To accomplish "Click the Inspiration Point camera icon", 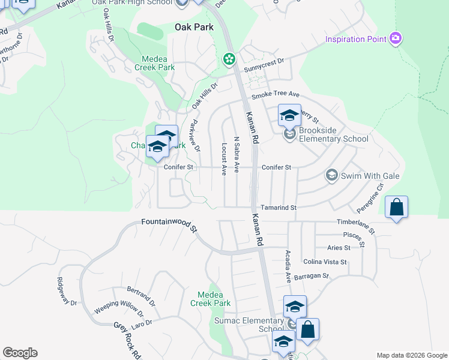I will click(x=395, y=39).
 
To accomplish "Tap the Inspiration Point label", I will click(x=354, y=40).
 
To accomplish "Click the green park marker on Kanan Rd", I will click(x=229, y=59).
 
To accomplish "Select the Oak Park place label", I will click(x=194, y=27).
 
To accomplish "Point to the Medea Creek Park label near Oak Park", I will click(x=158, y=63).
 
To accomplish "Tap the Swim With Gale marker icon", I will click(x=331, y=175).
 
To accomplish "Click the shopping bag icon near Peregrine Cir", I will click(x=397, y=208).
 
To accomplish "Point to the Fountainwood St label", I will click(x=169, y=224).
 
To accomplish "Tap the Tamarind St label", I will click(x=279, y=208).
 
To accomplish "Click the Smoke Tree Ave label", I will click(x=276, y=95).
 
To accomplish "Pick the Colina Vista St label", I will click(x=325, y=262).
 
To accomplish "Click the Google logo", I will click(x=20, y=353).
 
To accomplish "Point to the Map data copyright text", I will click(x=411, y=355).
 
